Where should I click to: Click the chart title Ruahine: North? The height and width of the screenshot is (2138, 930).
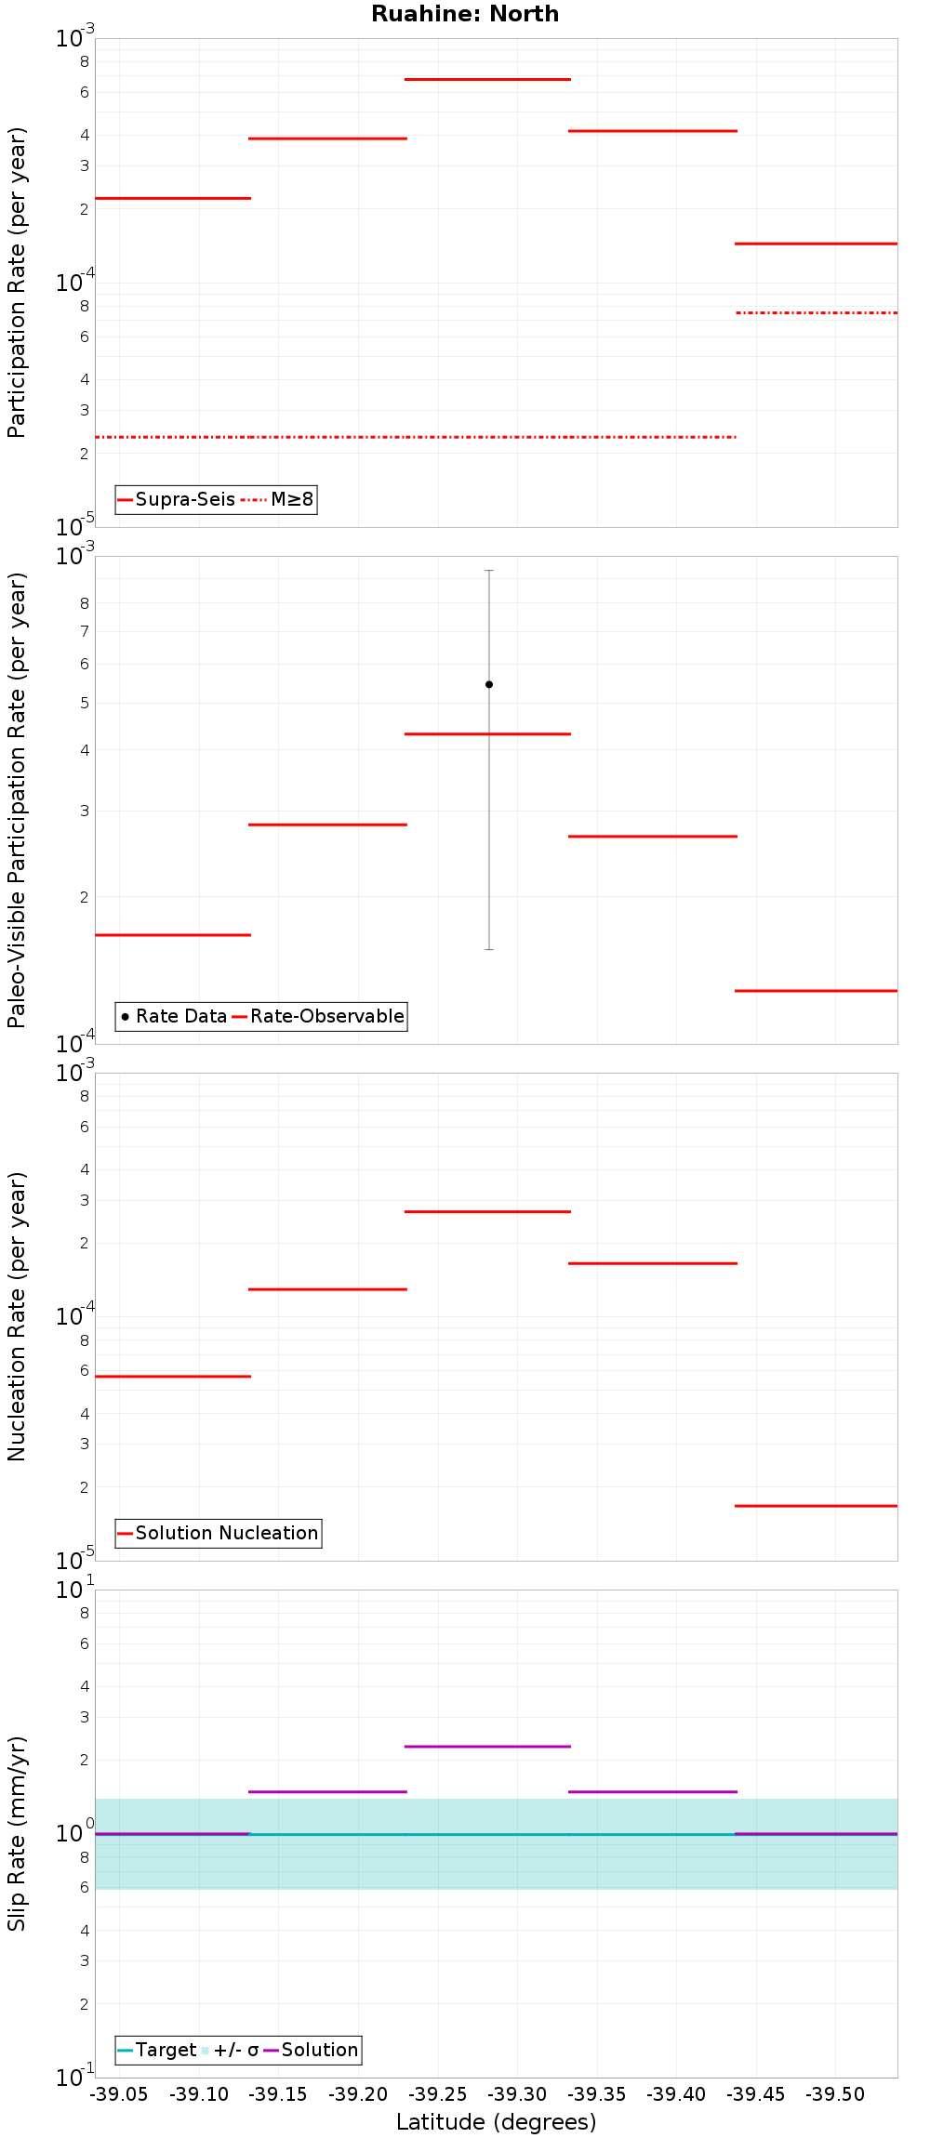coord(465,14)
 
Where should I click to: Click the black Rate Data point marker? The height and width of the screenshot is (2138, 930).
coord(489,684)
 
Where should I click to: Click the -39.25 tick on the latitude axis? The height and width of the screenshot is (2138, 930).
coord(438,2094)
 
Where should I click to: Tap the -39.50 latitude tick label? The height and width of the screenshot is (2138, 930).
coord(835,2094)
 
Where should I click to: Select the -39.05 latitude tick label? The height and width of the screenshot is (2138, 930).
coord(120,2094)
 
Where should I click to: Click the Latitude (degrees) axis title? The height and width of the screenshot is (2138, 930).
coord(496,2122)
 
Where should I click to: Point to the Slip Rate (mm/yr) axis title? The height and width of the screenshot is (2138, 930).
coord(17,1833)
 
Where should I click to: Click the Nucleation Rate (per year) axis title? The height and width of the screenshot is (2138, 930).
coord(17,1316)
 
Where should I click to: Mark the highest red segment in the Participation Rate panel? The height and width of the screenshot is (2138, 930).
coord(487,79)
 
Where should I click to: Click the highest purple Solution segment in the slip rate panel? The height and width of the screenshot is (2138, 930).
coord(487,1747)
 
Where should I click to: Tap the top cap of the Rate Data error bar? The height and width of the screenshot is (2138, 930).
coord(489,570)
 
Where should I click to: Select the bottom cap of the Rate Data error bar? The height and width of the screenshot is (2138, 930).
coord(489,949)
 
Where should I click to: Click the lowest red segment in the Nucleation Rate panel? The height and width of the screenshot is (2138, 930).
coord(816,1505)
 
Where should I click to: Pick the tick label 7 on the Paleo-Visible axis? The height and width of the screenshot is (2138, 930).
coord(85,632)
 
